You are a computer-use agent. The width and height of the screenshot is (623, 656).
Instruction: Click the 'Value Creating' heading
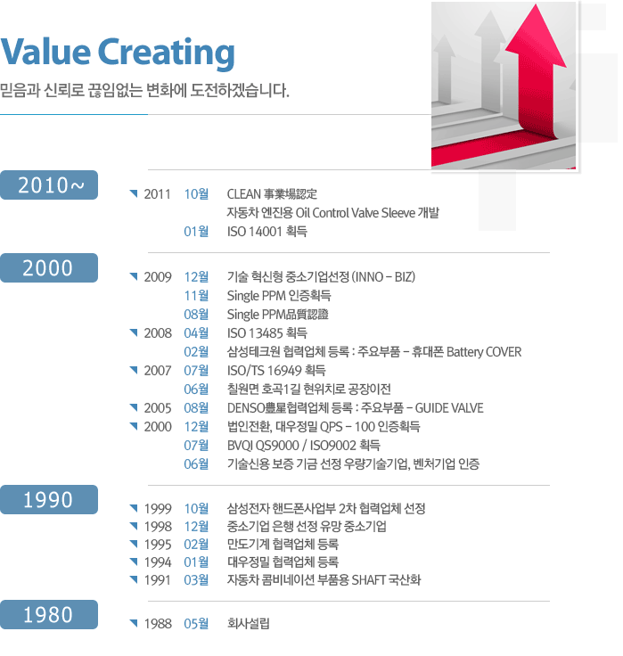(118, 53)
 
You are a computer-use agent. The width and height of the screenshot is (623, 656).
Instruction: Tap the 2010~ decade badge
(49, 184)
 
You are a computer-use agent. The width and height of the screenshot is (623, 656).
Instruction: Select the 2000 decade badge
(49, 267)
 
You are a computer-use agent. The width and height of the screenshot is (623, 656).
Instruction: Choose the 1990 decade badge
(49, 499)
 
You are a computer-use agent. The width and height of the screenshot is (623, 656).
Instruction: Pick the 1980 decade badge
(49, 615)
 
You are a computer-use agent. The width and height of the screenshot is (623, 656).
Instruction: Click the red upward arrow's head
(536, 37)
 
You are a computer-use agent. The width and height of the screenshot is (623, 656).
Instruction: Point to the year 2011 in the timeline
(158, 194)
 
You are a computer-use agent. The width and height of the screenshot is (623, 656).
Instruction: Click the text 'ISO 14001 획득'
(267, 232)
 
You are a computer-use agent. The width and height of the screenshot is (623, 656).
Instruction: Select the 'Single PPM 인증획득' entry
(279, 296)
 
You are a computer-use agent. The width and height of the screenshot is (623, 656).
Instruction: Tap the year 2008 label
(158, 333)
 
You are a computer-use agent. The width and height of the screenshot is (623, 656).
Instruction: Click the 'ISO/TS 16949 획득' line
(276, 371)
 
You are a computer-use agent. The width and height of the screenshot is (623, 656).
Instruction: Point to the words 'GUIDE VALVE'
(449, 408)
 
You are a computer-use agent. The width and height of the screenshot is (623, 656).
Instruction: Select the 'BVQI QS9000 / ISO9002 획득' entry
(303, 446)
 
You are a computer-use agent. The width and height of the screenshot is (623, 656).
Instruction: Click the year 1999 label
(158, 509)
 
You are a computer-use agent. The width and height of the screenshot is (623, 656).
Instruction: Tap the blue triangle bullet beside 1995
(134, 544)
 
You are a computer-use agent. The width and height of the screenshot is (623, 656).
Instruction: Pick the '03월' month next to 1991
(196, 580)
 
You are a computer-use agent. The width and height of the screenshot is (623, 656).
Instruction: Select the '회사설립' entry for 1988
(248, 624)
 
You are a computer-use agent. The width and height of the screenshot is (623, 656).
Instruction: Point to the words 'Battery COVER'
(484, 352)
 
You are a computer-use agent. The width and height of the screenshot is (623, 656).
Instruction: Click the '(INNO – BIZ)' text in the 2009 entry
(383, 277)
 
